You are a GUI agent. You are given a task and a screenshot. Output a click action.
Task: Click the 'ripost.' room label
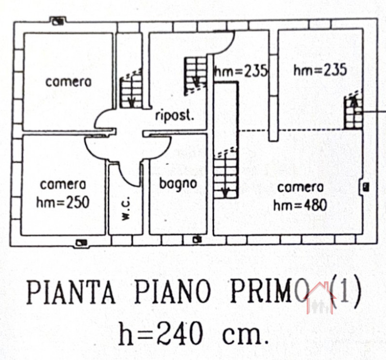click(175, 116)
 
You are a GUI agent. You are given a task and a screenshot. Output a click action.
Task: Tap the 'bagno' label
click(178, 184)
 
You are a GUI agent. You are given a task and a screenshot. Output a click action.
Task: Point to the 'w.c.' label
click(126, 210)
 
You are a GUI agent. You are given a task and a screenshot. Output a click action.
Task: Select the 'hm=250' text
click(63, 202)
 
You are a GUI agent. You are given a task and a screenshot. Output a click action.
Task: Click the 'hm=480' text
click(300, 205)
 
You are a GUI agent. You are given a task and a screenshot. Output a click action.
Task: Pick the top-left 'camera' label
click(68, 81)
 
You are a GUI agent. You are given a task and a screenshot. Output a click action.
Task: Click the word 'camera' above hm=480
click(300, 187)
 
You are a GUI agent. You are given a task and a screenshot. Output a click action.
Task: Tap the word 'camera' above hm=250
click(63, 185)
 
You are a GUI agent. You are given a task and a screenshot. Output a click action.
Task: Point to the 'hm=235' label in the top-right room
click(320, 69)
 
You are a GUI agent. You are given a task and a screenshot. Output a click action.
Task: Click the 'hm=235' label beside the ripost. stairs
click(241, 71)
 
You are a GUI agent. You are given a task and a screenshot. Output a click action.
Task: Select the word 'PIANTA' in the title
click(71, 293)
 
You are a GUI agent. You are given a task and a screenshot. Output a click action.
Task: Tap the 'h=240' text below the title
click(160, 333)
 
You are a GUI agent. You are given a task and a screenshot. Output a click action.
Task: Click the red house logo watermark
click(320, 298)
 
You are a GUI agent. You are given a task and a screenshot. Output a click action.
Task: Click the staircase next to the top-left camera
click(131, 90)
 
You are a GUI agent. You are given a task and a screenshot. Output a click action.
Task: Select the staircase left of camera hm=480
click(225, 173)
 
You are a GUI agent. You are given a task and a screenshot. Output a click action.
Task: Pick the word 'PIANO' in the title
click(173, 292)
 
